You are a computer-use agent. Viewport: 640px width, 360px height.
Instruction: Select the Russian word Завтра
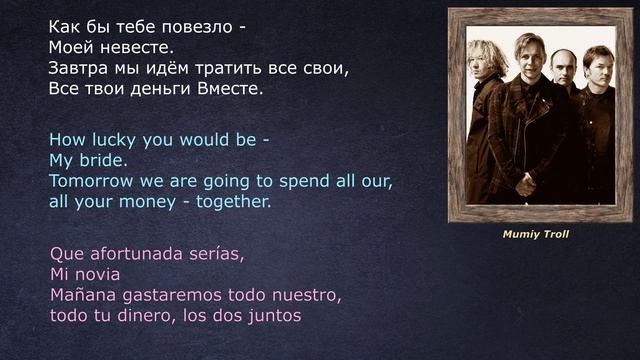pyautogui.click(x=76, y=68)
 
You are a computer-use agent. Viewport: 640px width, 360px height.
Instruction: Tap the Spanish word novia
pyautogui.click(x=98, y=274)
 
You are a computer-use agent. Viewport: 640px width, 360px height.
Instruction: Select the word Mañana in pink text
pyautogui.click(x=82, y=296)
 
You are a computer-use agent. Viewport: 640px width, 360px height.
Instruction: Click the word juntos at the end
pyautogui.click(x=275, y=317)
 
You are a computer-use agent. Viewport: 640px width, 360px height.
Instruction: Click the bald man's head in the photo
pyautogui.click(x=564, y=63)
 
